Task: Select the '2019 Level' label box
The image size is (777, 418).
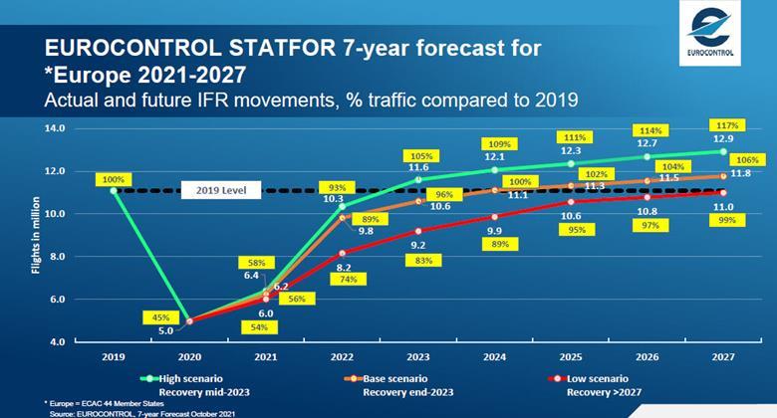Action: [221, 190]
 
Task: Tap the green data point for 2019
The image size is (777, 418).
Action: [114, 190]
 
